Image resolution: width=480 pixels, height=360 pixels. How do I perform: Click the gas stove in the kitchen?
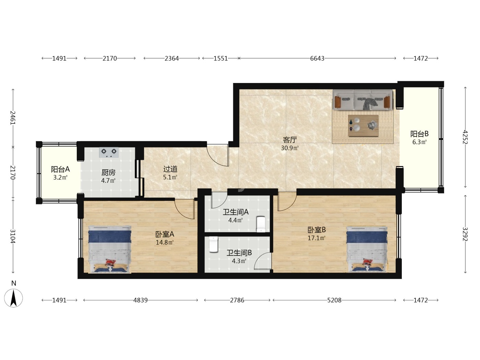coord(109,152)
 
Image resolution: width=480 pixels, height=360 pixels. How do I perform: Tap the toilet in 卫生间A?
coord(261,224)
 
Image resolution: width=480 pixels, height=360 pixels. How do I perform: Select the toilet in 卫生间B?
coord(214,244)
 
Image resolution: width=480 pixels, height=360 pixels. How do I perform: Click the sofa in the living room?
coord(362,100)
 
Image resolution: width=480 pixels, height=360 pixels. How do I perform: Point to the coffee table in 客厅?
coord(363,126)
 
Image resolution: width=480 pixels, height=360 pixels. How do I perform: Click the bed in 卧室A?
coord(110,249)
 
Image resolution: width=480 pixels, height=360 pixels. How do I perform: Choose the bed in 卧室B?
coord(367,249)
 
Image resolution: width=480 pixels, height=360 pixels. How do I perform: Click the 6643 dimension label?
coord(317,58)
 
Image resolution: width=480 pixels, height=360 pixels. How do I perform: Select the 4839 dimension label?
coord(140,300)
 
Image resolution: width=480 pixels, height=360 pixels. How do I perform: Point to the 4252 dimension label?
coord(465,137)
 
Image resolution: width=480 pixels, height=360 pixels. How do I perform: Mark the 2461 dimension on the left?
coord(13,118)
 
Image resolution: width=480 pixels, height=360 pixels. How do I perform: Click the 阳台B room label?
coord(419,134)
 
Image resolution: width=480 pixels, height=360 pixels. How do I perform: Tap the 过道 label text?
coord(170,169)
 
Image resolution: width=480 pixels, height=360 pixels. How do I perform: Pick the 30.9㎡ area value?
coord(289,148)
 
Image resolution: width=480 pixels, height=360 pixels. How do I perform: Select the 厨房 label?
coord(108,172)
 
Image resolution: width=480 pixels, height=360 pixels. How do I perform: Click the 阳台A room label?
coord(60,169)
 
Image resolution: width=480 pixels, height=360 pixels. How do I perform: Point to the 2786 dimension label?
coord(237,300)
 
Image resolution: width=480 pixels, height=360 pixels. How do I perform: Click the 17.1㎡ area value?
coord(316,238)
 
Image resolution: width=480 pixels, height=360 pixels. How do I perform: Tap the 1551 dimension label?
coord(221,58)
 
